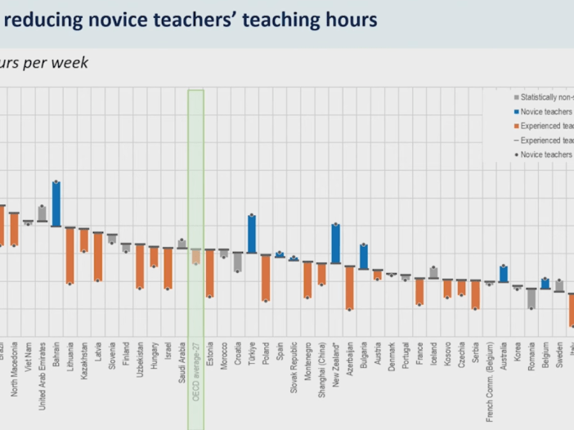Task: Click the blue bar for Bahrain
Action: [x=56, y=204]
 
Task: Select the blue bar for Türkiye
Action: [x=252, y=234]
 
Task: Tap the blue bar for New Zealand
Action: [x=335, y=243]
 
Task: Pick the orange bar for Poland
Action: [x=266, y=278]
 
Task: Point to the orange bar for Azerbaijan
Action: [x=349, y=288]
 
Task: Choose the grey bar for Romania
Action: [x=531, y=298]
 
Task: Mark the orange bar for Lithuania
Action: [x=70, y=256]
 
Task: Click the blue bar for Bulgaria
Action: [x=363, y=256]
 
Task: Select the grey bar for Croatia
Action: [x=238, y=262]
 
